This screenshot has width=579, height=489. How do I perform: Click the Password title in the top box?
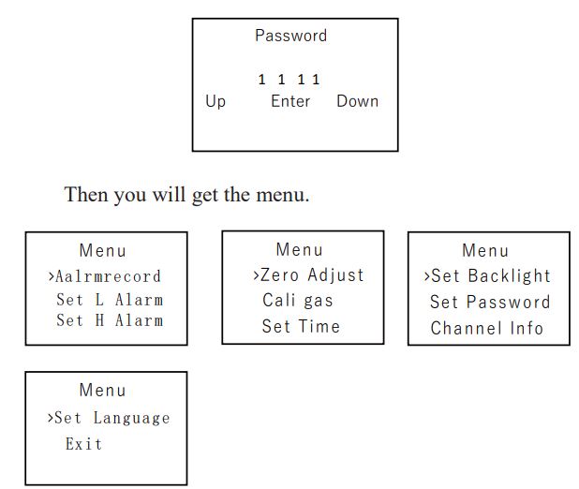[291, 36]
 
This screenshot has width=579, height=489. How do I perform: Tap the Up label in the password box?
[215, 101]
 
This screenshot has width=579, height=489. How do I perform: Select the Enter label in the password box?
[290, 101]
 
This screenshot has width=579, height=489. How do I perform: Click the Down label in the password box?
[358, 101]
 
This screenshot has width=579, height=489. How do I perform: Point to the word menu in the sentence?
[283, 195]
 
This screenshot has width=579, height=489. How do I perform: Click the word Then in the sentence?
[86, 194]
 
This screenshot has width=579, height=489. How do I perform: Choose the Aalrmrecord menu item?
[108, 276]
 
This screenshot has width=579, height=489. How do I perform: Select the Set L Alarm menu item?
[110, 300]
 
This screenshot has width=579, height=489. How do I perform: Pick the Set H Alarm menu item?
[110, 320]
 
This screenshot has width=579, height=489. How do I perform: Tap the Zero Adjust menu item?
[312, 275]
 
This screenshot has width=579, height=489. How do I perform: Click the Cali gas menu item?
[298, 301]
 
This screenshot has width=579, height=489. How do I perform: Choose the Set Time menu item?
[301, 326]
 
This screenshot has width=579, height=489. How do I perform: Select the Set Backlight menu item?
[491, 276]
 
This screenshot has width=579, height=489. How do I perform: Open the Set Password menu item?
[490, 303]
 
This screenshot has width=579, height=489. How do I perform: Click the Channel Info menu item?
[486, 328]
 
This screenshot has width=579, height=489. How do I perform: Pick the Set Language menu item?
[112, 419]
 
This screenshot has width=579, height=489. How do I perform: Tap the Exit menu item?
[83, 444]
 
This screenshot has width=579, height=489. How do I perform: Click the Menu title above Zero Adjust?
[300, 250]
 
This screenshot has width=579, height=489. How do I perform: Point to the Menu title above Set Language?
[103, 390]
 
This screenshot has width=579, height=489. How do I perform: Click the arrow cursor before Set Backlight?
[427, 276]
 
